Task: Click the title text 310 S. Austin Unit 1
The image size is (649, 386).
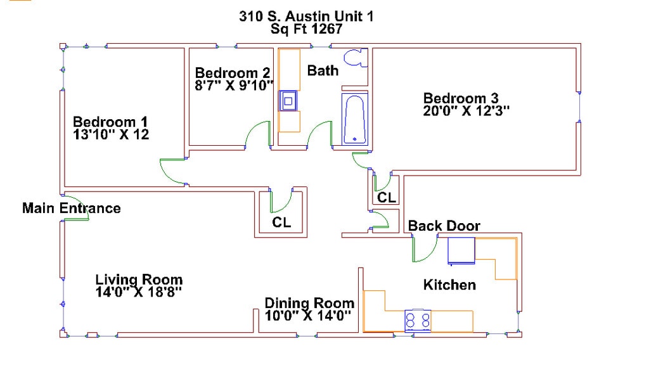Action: [306, 16]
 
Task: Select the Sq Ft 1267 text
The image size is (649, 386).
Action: [306, 29]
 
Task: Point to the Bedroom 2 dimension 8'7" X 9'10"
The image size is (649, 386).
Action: [234, 84]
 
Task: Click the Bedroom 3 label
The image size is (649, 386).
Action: [461, 98]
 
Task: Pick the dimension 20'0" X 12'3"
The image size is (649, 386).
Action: [466, 110]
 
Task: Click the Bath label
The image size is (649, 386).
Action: [323, 70]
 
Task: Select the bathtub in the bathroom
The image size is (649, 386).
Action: [354, 119]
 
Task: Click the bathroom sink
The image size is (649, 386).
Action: [289, 100]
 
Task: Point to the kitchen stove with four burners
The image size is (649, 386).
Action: [418, 319]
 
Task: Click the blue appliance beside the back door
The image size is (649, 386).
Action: [461, 250]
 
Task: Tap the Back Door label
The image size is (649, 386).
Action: [444, 226]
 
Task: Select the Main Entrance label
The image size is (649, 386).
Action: [71, 208]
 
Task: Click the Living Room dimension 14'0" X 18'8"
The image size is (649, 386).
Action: [139, 292]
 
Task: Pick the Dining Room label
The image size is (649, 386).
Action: [309, 303]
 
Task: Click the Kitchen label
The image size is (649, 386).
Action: [449, 285]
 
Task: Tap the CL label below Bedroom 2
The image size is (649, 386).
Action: [281, 222]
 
